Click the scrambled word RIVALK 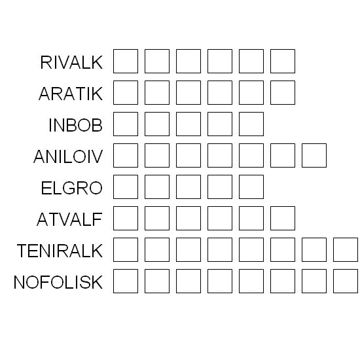coord(71,62)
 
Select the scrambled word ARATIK coord(71,94)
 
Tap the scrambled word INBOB coord(75,125)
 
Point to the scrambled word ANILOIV coord(68,156)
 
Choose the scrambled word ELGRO coord(71,188)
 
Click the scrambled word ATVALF coord(69,219)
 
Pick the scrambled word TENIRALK coord(60,251)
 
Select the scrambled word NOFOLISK coord(58,282)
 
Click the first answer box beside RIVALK coord(126,61)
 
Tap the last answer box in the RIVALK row coord(283,61)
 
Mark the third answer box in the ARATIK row coord(189,92)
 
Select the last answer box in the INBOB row coord(251,124)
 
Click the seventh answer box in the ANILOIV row coord(314,155)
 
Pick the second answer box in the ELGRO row coord(157,187)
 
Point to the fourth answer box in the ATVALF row coord(220,219)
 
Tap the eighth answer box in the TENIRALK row coord(346,250)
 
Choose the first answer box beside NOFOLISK coord(126,281)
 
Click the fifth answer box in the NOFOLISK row coord(251,281)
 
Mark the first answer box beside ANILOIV coord(126,155)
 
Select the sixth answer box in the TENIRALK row coord(283,250)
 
